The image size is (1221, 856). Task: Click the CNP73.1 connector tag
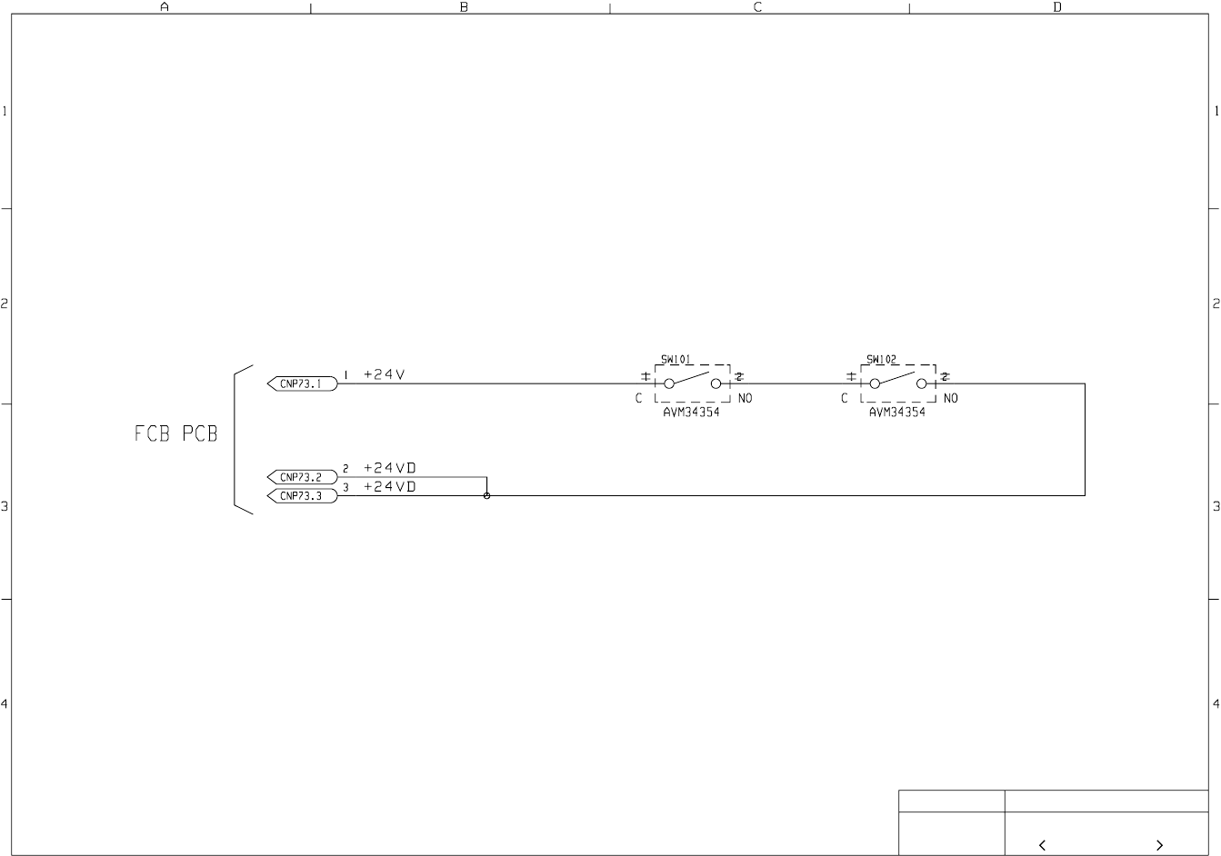[x=302, y=383]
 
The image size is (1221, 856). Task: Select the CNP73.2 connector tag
[x=302, y=477]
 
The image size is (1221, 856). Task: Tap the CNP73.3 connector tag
[x=302, y=496]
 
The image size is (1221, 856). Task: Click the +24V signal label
[x=384, y=374]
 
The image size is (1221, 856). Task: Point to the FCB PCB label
[x=176, y=434]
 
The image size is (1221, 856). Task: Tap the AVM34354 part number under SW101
[x=692, y=412]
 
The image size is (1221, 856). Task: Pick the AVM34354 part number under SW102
[x=897, y=412]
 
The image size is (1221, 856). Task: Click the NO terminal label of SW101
[x=745, y=399]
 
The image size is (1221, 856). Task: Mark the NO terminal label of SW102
[x=950, y=399]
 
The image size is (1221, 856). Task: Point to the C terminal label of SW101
[x=639, y=399]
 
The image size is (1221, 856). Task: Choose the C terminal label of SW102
[x=845, y=399]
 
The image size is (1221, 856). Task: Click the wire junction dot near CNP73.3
[x=487, y=495]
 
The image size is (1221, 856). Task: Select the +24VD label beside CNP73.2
[x=390, y=468]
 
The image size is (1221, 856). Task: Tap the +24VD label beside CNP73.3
[x=390, y=487]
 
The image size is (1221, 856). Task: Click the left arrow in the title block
[x=1042, y=845]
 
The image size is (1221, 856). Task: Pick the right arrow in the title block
[x=1159, y=845]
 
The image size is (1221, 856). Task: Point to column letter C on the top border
[x=758, y=7]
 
